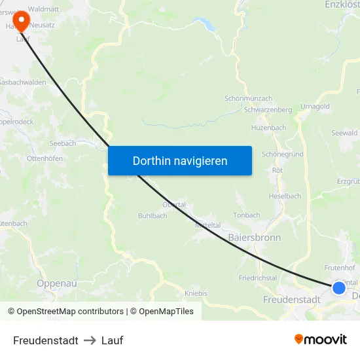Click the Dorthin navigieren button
(x=180, y=160)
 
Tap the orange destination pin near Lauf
(x=21, y=20)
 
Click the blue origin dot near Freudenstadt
(x=339, y=287)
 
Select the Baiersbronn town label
(x=255, y=237)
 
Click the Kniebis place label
(x=196, y=293)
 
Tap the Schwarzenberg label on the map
(x=268, y=110)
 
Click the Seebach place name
(x=63, y=143)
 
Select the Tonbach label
(x=247, y=215)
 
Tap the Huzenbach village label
(x=268, y=128)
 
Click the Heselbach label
(x=285, y=196)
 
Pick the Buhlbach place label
(x=153, y=215)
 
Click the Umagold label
(x=315, y=106)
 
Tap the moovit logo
(x=321, y=339)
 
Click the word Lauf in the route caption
(x=112, y=340)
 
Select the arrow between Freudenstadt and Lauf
(x=90, y=340)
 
